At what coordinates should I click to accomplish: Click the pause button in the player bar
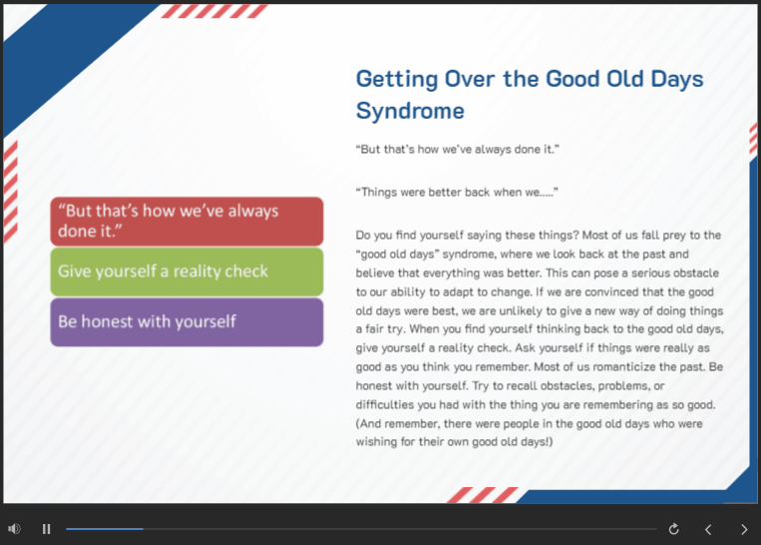(46, 528)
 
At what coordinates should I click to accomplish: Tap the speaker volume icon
(15, 528)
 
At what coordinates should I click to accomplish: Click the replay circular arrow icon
(673, 529)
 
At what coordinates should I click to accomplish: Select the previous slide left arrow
(708, 529)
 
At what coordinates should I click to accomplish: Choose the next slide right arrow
(744, 529)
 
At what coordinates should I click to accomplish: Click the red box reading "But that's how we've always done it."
(187, 221)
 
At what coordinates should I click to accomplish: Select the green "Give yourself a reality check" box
(187, 272)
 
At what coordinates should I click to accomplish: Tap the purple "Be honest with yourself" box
(187, 322)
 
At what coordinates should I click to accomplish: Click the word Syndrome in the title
(410, 111)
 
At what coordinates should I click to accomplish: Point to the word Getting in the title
(397, 79)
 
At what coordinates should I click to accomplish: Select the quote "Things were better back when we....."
(457, 193)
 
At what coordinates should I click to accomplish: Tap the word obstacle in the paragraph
(696, 272)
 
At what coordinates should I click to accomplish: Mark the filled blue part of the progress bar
(105, 528)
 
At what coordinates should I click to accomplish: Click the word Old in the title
(625, 79)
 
